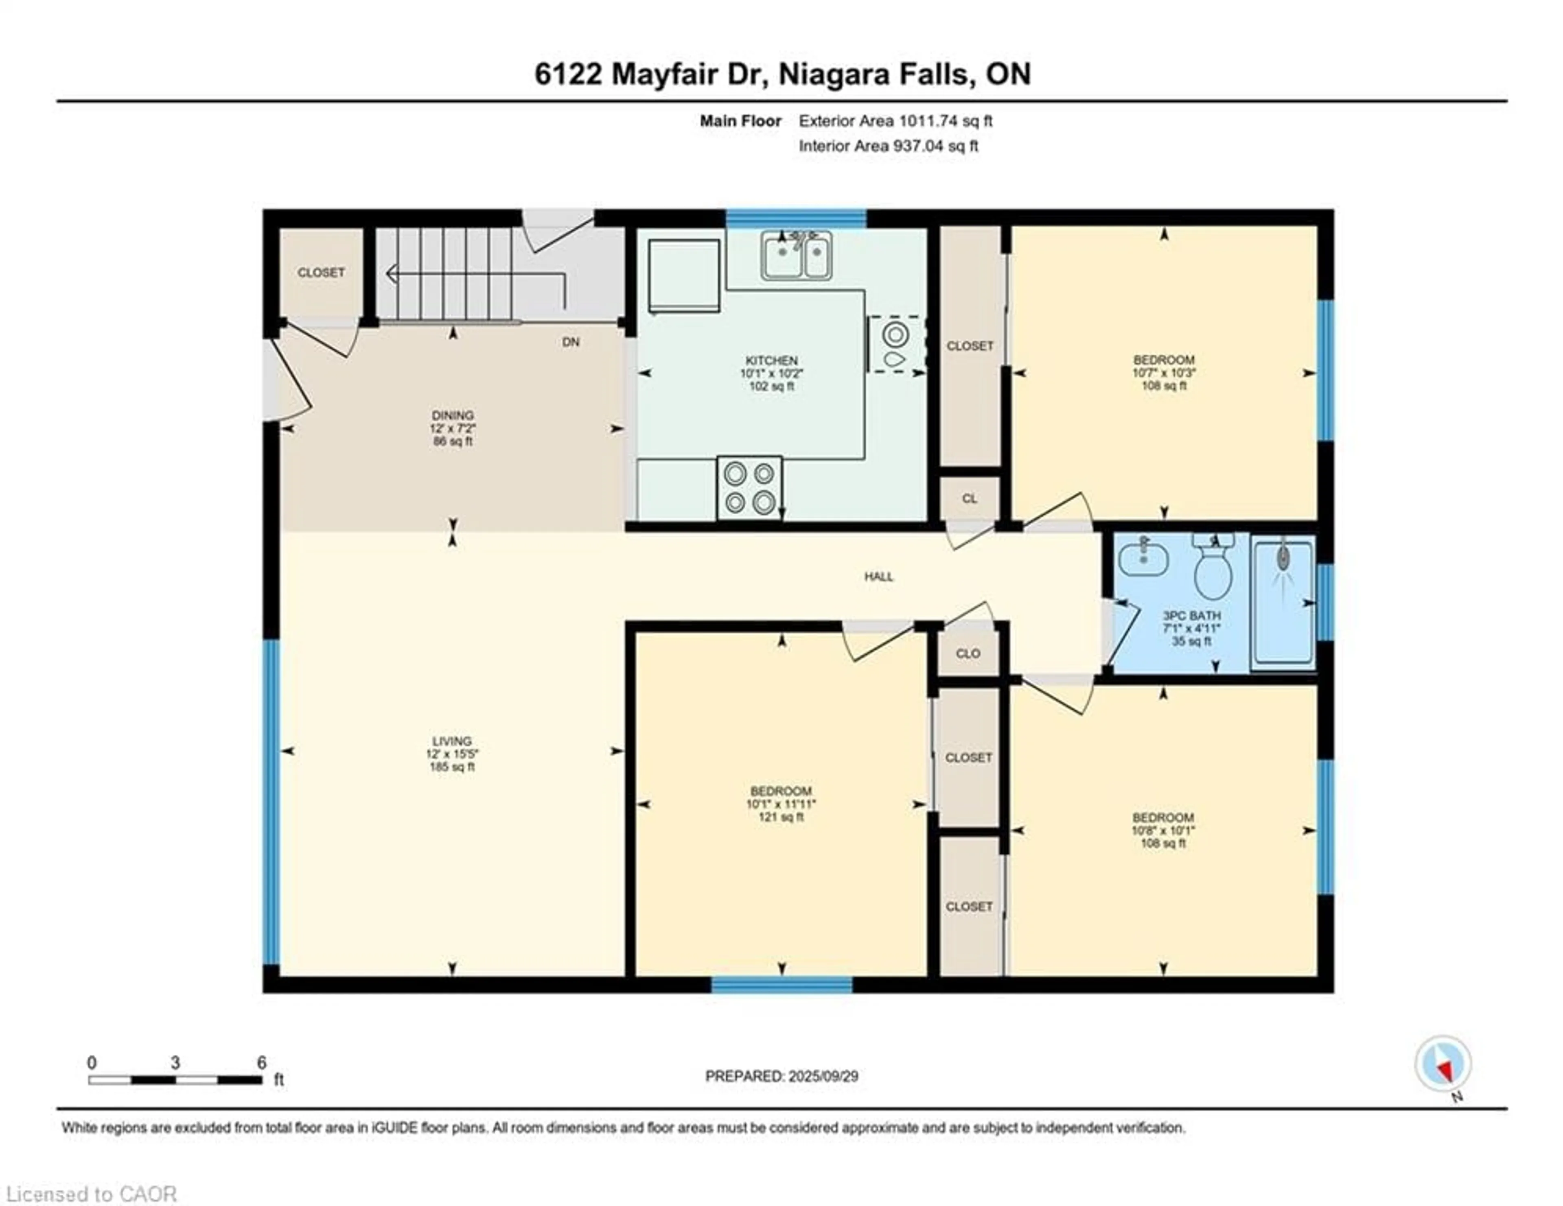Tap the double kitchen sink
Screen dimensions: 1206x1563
point(796,256)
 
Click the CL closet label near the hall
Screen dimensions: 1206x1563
point(969,498)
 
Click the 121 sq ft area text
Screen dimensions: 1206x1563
point(781,817)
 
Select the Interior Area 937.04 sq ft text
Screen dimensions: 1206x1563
point(888,146)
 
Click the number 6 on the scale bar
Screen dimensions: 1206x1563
point(262,1062)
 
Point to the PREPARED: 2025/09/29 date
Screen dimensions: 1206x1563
point(781,1076)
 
